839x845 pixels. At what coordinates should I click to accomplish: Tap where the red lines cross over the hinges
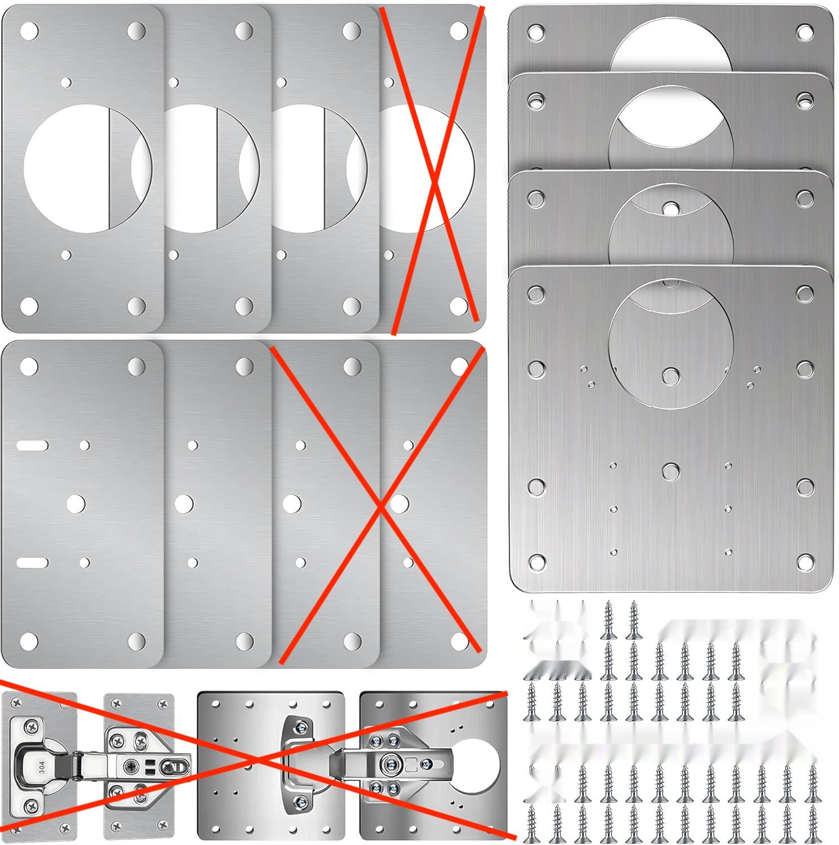point(259,760)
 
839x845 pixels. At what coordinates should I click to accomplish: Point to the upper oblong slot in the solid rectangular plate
point(32,446)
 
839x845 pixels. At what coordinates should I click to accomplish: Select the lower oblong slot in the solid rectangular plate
point(32,562)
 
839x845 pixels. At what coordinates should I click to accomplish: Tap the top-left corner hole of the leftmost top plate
point(29,29)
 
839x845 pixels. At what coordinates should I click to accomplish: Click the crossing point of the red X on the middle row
point(381,507)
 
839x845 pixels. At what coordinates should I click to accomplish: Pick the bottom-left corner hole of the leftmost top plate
point(29,306)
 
